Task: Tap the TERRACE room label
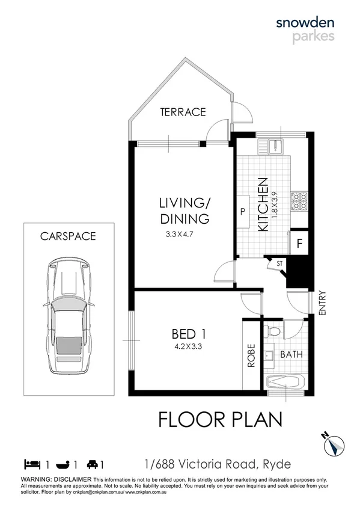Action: (x=183, y=112)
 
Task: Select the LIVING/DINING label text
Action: (x=185, y=210)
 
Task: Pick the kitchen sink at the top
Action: (x=273, y=145)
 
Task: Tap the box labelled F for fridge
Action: (x=299, y=244)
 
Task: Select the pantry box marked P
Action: (x=243, y=212)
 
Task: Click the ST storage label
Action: (x=279, y=263)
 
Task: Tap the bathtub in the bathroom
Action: (x=287, y=381)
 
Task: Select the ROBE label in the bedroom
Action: (x=251, y=355)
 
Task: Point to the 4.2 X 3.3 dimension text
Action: (x=186, y=346)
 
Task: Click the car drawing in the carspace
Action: (x=68, y=316)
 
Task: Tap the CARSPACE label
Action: (x=68, y=236)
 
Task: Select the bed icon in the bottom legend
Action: (x=31, y=464)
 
